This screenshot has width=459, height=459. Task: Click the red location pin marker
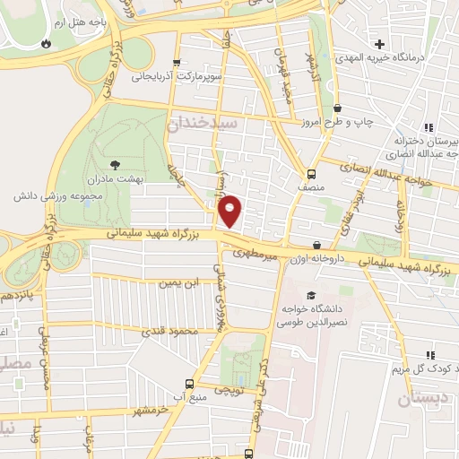click(x=230, y=211)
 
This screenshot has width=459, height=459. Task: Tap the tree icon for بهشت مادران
click(x=115, y=163)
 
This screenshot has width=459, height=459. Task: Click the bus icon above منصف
click(x=311, y=174)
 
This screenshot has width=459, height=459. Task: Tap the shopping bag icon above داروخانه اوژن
click(x=316, y=245)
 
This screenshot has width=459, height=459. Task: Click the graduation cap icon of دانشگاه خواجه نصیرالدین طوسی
click(x=311, y=295)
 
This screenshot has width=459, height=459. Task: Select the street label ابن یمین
click(x=176, y=284)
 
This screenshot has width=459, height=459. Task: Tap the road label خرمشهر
click(x=152, y=410)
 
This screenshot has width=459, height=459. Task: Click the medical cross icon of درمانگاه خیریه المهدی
click(x=381, y=44)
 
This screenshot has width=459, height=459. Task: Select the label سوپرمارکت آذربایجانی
click(x=175, y=77)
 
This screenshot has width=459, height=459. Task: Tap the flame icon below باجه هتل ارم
click(x=45, y=42)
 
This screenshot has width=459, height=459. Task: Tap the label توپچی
click(x=231, y=392)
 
